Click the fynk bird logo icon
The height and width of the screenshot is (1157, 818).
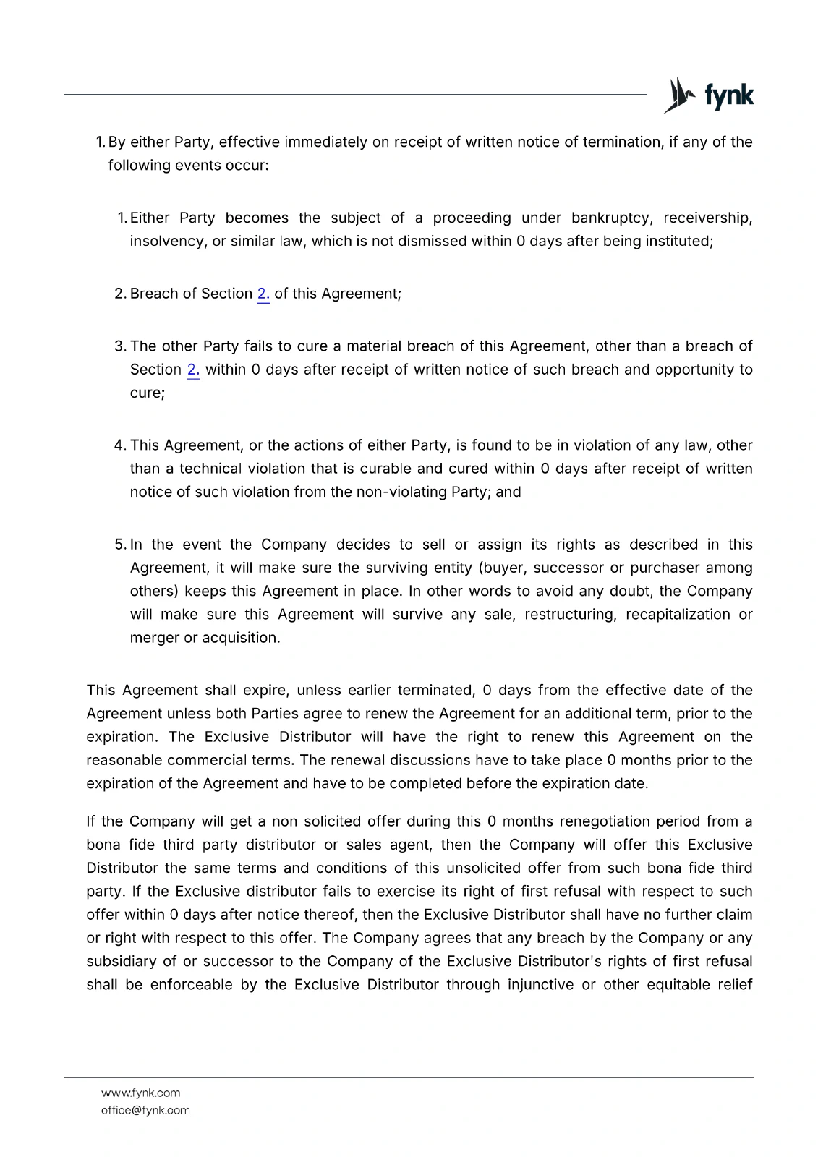679,95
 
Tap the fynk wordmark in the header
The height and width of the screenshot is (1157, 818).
729,95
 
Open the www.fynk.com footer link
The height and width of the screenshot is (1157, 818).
140,1093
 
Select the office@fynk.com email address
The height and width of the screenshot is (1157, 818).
145,1110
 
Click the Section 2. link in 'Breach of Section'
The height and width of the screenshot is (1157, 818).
263,294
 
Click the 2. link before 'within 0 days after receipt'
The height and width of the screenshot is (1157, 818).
193,370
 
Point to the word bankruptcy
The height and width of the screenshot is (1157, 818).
610,218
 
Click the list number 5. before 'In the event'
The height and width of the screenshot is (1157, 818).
121,545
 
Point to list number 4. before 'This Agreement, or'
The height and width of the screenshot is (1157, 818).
121,445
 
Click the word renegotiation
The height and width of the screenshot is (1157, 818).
605,821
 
